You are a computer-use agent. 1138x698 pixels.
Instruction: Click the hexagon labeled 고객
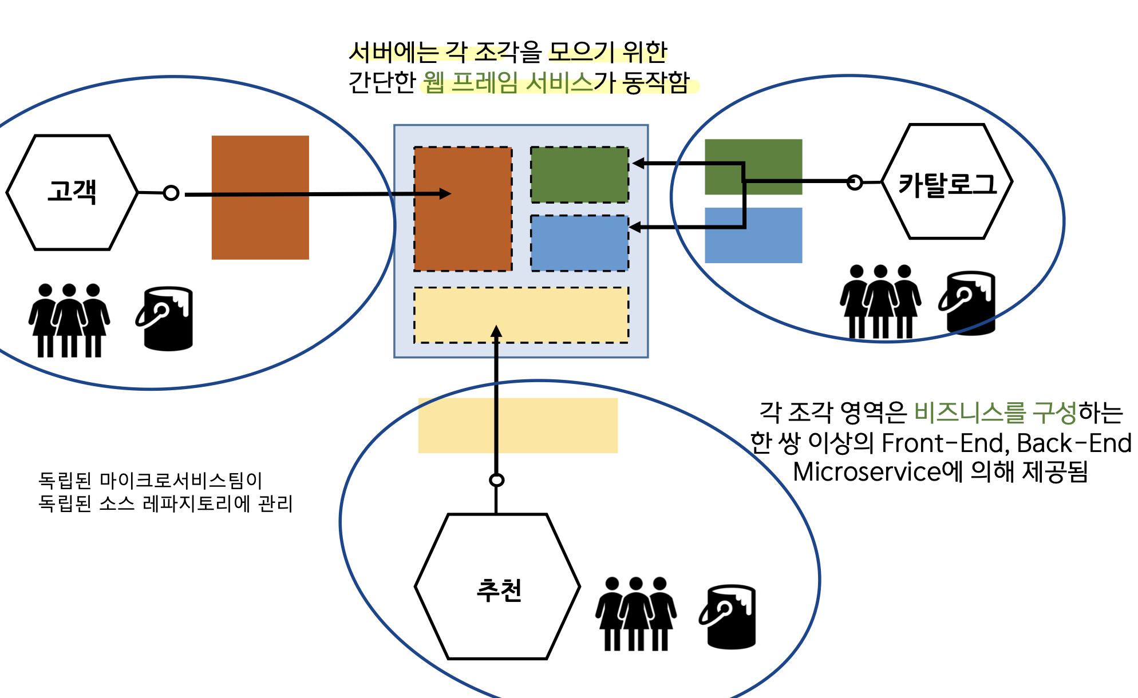pos(72,192)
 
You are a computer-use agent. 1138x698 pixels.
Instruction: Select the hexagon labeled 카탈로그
pos(947,182)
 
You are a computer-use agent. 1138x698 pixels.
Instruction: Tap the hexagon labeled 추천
pos(497,587)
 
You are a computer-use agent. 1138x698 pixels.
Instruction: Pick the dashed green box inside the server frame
pos(579,175)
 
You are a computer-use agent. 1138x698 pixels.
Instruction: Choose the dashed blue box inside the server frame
pos(579,243)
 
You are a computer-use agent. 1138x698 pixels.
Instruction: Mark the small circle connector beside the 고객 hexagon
pos(171,193)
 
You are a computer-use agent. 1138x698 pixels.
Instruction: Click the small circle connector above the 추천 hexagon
pos(496,480)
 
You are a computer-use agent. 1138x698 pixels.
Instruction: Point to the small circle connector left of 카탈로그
pos(855,183)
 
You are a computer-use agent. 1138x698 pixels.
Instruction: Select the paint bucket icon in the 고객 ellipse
pos(166,319)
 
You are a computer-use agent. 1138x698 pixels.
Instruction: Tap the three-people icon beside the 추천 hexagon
pos(636,614)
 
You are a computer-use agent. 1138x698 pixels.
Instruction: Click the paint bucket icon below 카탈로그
pos(969,303)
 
